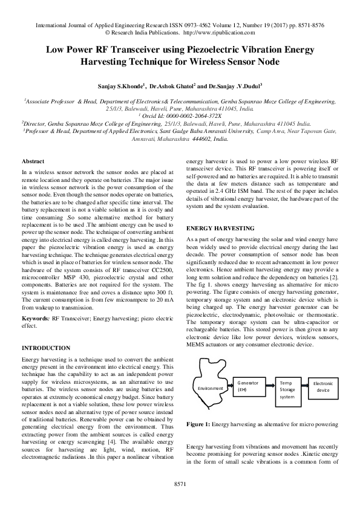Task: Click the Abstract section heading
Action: point(33,161)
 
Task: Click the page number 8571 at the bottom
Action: point(180,484)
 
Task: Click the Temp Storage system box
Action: point(288,389)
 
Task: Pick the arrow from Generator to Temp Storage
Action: point(268,387)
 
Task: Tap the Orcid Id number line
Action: point(180,115)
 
